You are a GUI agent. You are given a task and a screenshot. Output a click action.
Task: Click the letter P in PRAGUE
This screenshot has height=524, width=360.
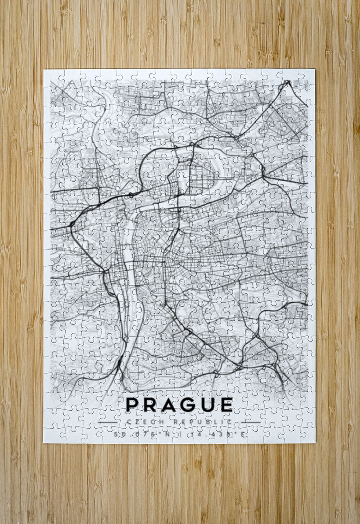132,404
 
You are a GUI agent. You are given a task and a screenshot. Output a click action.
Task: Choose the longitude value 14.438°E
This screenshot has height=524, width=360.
220,434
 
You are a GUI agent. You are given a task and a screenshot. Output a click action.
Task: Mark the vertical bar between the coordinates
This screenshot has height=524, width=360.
180,434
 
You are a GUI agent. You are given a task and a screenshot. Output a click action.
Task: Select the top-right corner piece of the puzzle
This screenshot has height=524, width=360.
308,77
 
